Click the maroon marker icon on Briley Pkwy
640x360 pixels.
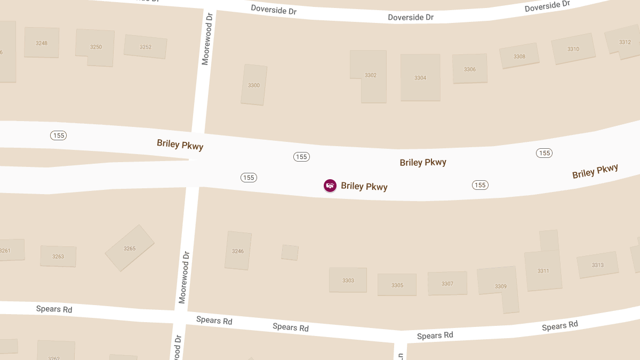point(330,186)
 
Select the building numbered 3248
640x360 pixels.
point(42,43)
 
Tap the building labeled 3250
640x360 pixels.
point(96,47)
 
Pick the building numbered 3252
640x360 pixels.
point(146,47)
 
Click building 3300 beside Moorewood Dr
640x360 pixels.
point(254,85)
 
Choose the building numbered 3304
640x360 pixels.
point(420,78)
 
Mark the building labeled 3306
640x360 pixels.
point(470,69)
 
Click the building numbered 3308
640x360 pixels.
point(519,56)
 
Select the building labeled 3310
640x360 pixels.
point(573,49)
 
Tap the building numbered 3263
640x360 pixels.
point(58,257)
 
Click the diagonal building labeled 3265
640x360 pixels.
point(130,249)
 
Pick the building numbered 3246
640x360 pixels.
point(238,251)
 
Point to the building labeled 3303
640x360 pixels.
point(348,280)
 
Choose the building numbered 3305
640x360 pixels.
point(397,285)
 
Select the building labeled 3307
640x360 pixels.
point(447,283)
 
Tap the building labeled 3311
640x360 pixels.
point(543,270)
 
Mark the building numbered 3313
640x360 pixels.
point(597,265)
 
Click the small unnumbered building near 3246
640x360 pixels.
point(290,252)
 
